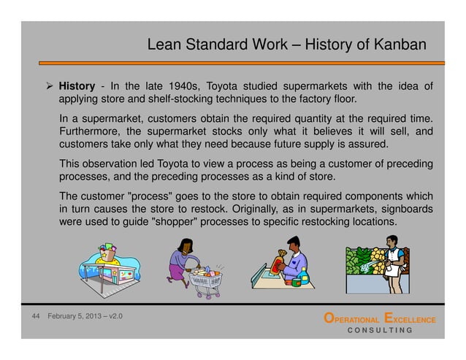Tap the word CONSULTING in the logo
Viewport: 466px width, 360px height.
tap(379, 330)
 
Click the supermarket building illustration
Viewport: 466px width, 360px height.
tap(111, 267)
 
